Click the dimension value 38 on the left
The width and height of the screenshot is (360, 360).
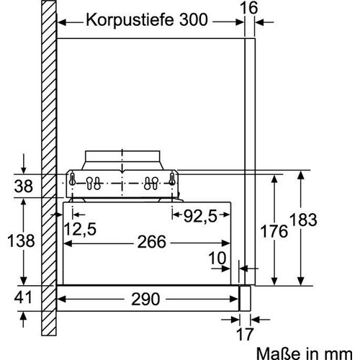point(24,186)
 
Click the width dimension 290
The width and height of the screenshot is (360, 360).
point(149,296)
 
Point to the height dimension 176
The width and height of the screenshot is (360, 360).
point(274,232)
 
